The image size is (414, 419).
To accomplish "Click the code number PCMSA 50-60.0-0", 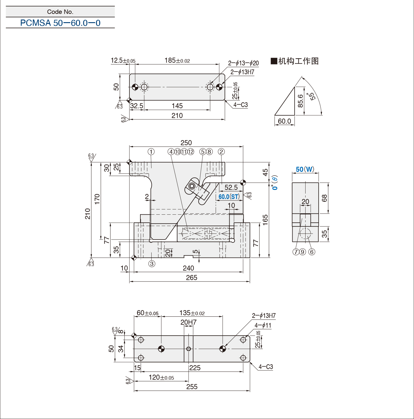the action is pos(60,23).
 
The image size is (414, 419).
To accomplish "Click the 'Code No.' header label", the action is pos(60,12).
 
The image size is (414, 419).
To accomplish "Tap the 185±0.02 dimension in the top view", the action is pos(177,60).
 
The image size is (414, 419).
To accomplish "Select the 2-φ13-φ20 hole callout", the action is pos(243,63).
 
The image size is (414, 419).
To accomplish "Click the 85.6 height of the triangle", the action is pos(300,101).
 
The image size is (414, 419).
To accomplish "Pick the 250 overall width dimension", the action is pos(186,143).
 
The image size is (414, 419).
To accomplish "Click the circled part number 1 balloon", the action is pos(151,152).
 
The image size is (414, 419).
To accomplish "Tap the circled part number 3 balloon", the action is pos(152,264).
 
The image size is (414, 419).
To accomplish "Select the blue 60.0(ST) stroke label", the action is pos(229,197).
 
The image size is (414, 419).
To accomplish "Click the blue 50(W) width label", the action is pos(305,169).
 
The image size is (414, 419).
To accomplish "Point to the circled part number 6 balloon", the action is pos(312,252).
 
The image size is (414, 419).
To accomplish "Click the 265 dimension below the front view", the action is pos(192,278).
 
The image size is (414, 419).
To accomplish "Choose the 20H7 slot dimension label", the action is pos(189,322).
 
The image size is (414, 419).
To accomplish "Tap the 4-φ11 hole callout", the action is pos(263,325).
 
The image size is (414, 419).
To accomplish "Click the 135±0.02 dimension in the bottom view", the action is pos(192,313).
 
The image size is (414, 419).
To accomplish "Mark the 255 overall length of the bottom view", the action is pos(192,386).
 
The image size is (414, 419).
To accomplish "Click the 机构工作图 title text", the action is pos(295,61).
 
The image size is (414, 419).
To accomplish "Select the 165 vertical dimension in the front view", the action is pos(265,220).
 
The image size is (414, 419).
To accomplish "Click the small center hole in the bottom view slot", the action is pos(189,349).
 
